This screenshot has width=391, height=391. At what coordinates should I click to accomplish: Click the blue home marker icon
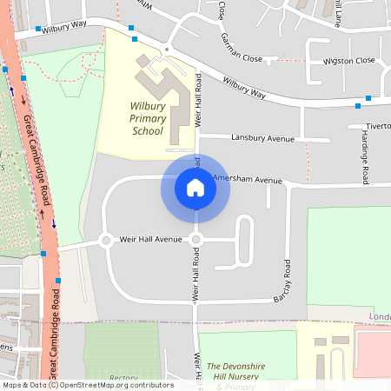pyautogui.click(x=195, y=188)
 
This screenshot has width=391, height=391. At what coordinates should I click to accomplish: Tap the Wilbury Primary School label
pyautogui.click(x=135, y=117)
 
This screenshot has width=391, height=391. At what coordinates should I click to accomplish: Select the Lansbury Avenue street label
pyautogui.click(x=263, y=137)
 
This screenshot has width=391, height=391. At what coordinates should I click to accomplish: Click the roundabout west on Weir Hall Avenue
pyautogui.click(x=105, y=240)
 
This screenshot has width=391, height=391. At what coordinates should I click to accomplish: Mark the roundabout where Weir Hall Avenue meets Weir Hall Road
pyautogui.click(x=195, y=240)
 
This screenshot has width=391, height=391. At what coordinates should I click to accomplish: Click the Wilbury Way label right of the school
pyautogui.click(x=243, y=86)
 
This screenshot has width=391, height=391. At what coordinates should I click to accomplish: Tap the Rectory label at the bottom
pyautogui.click(x=123, y=378)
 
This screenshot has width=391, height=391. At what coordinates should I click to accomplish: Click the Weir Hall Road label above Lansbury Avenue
pyautogui.click(x=198, y=101)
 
